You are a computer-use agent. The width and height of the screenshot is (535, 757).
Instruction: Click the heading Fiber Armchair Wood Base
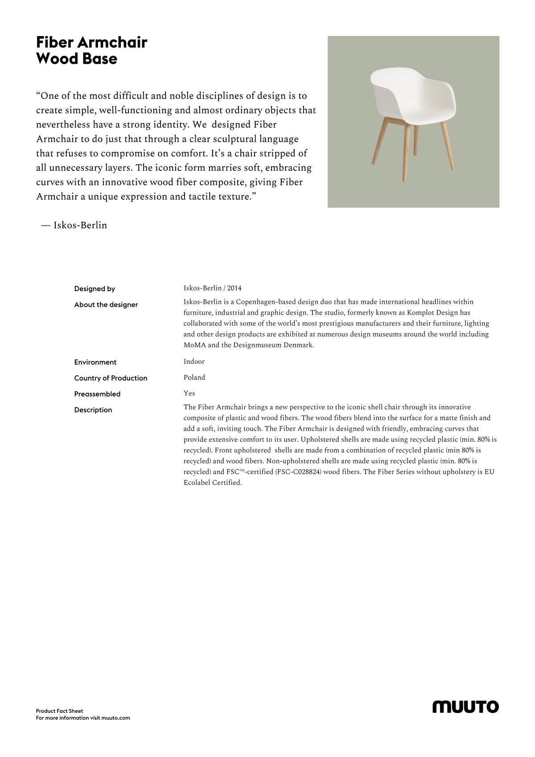91,50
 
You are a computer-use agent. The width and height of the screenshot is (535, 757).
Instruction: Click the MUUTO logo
465,707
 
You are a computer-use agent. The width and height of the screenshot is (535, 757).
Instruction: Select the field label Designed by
95,289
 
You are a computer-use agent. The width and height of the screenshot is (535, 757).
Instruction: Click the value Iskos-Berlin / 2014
213,288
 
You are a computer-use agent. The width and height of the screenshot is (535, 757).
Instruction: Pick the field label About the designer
106,305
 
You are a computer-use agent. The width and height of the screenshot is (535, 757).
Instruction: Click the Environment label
95,362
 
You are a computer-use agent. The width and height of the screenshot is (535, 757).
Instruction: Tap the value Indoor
194,362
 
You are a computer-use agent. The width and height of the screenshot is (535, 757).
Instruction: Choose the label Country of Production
111,378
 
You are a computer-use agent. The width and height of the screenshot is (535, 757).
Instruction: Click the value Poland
194,378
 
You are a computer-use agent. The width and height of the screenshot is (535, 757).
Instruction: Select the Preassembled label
97,394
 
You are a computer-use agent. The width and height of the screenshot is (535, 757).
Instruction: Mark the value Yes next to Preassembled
189,393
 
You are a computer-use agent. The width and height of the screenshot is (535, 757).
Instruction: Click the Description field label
93,410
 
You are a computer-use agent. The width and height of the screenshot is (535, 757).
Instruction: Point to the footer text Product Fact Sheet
60,711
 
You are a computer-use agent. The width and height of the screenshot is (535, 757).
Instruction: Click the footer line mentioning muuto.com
83,718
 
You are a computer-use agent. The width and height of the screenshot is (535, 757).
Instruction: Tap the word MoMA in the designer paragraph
195,345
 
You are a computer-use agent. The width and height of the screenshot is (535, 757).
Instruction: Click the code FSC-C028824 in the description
298,472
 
